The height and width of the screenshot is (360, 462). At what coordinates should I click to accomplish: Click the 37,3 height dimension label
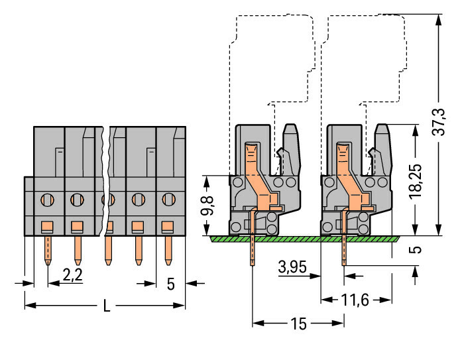point(438,122)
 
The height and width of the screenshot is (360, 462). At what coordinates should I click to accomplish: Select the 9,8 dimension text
point(207,206)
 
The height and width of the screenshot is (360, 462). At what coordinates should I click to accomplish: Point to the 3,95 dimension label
point(292,267)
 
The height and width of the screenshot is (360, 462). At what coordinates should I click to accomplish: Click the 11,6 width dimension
point(355,300)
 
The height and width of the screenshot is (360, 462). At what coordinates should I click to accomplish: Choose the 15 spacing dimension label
point(298,324)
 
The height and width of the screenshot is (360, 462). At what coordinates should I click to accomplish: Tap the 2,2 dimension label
point(72,275)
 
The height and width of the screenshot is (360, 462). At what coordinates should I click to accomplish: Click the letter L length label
point(107,306)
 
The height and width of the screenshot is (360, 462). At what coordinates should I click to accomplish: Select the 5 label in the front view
point(170,284)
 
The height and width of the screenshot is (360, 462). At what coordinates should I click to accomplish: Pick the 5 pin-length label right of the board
point(416,250)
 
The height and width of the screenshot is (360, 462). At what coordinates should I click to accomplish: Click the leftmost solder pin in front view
point(48,251)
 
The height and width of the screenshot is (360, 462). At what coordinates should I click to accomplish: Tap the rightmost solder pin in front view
point(168,251)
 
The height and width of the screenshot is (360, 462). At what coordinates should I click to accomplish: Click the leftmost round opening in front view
point(47,200)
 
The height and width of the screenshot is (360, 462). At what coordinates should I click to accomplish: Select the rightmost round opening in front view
point(168,200)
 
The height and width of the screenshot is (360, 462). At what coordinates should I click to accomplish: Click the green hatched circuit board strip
point(304,239)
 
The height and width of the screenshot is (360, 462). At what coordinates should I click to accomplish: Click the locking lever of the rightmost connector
point(383,150)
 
